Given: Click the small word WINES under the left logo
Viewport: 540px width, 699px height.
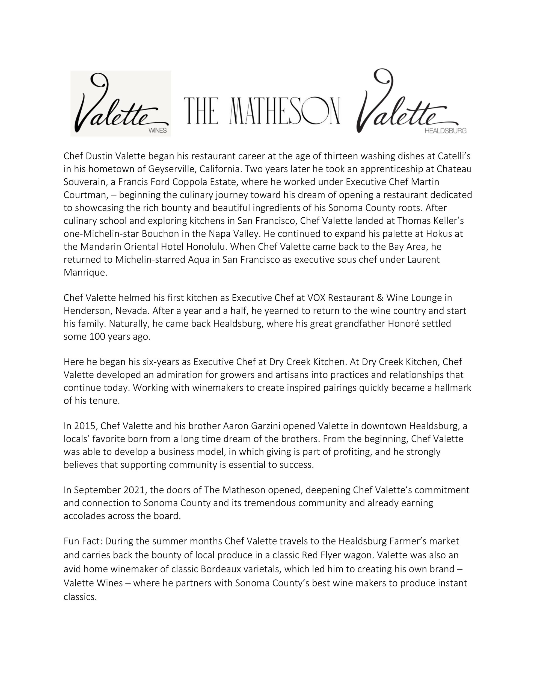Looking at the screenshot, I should point(158,131).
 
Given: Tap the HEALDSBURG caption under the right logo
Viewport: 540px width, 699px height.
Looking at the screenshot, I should point(445,131).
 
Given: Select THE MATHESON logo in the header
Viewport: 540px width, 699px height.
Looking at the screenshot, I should point(262,111).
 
